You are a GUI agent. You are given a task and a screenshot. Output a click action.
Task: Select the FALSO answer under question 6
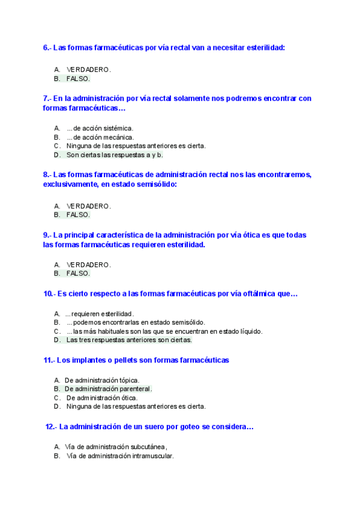(x=78, y=79)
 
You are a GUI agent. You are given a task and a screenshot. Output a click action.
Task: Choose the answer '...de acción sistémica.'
(x=100, y=128)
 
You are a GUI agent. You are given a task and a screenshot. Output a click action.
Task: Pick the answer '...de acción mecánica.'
(x=100, y=137)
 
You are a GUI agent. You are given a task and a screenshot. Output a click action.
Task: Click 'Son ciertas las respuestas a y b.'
(x=114, y=155)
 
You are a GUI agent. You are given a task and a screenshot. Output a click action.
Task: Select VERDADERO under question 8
(x=88, y=206)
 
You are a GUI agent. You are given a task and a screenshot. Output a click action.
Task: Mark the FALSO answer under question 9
(x=78, y=273)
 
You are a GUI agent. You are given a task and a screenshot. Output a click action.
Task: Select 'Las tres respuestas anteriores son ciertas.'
(x=129, y=340)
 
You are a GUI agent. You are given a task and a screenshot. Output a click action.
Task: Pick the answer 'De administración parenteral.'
(x=108, y=388)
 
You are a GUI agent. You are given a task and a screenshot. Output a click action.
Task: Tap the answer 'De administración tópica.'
(x=102, y=380)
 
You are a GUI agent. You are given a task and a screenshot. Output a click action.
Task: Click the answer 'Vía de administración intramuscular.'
(x=120, y=456)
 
